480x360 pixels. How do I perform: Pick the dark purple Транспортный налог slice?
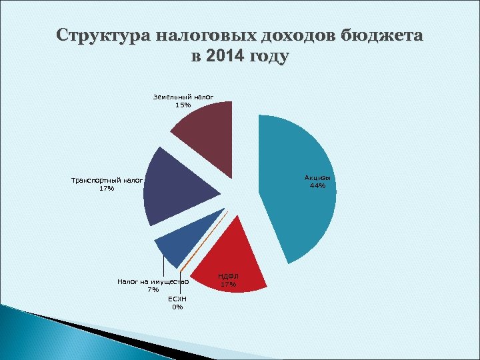pos(177,187)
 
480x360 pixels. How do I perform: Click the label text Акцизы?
pos(317,177)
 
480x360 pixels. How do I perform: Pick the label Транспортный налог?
pos(107,180)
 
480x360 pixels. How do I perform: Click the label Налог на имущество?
pos(153,282)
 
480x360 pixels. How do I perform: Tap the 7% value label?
pos(153,290)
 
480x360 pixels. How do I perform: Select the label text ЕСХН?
pos(177,299)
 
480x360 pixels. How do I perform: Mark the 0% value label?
pos(177,307)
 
